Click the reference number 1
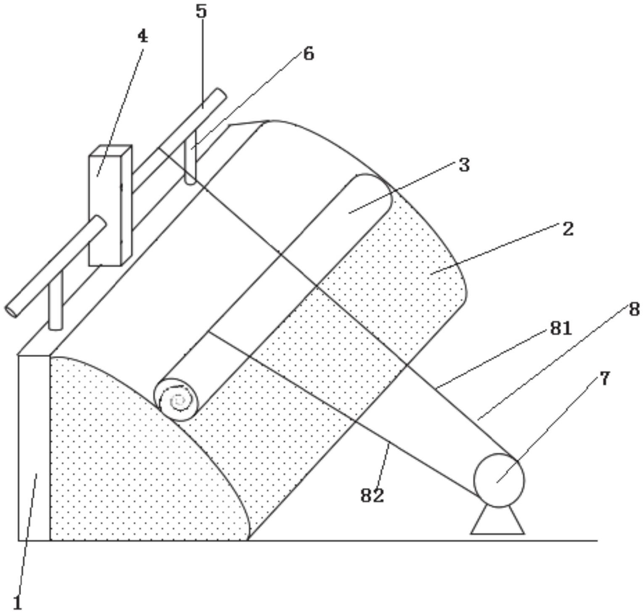17,603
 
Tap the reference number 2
567,229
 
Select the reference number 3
464,165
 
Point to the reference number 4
143,37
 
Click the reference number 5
201,11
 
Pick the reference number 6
309,54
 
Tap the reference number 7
604,378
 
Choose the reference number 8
634,310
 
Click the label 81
561,328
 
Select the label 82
372,496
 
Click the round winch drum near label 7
499,480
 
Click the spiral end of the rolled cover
178,401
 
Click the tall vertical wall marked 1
34,447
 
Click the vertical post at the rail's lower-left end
56,300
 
